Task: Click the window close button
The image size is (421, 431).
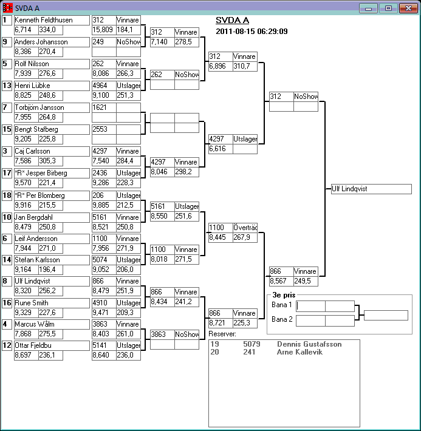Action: (406, 8)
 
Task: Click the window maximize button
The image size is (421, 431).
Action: (388, 8)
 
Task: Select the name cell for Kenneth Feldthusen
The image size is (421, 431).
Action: (51, 20)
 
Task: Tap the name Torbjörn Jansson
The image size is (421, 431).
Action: (51, 107)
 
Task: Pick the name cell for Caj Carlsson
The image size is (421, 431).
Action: (51, 151)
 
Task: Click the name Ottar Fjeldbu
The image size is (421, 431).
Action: (51, 345)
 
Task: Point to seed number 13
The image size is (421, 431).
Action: (5, 86)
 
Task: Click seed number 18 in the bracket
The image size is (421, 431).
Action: (5, 195)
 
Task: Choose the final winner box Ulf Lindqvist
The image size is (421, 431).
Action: (371, 189)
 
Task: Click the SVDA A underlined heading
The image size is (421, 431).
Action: (233, 20)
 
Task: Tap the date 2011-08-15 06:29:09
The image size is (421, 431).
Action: (252, 32)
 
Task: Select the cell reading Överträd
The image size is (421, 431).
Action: (245, 228)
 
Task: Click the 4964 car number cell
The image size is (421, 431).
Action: (103, 86)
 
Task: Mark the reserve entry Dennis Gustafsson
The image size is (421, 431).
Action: (309, 344)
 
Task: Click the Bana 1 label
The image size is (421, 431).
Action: (282, 305)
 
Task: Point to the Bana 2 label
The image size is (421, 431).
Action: (282, 319)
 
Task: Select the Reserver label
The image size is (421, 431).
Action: (222, 334)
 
